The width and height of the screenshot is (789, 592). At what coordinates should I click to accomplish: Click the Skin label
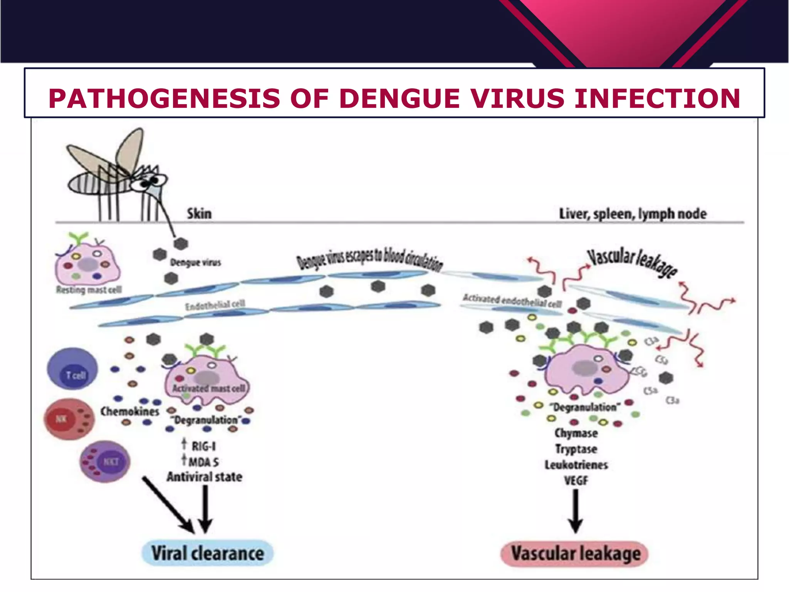pyautogui.click(x=199, y=214)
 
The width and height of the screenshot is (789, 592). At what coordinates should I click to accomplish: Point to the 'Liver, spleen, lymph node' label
pyautogui.click(x=633, y=214)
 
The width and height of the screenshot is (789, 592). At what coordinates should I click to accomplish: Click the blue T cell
pyautogui.click(x=72, y=369)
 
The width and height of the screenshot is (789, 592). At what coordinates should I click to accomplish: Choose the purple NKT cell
pyautogui.click(x=105, y=461)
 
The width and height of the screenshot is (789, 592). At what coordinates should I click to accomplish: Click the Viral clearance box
pyautogui.click(x=208, y=553)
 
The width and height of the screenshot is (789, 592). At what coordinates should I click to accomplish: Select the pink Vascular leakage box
pyautogui.click(x=575, y=554)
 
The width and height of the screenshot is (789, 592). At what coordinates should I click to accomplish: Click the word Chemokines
pyautogui.click(x=130, y=411)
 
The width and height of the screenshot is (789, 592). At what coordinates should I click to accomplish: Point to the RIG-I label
pyautogui.click(x=203, y=446)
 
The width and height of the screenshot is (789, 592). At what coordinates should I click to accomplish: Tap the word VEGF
pyautogui.click(x=576, y=481)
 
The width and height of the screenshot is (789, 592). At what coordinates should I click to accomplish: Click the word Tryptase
pyautogui.click(x=576, y=449)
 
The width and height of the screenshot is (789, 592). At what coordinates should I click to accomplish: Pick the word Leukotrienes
pyautogui.click(x=576, y=465)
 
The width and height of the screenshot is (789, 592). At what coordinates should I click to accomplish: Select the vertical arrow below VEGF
pyautogui.click(x=576, y=511)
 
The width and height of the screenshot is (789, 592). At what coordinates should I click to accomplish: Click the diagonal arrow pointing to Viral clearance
pyautogui.click(x=168, y=505)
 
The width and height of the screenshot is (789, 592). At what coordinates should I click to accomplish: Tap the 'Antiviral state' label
pyautogui.click(x=204, y=477)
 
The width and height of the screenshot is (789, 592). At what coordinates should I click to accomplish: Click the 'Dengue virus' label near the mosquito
pyautogui.click(x=195, y=262)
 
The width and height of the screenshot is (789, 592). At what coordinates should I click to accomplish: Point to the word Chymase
pyautogui.click(x=576, y=433)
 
